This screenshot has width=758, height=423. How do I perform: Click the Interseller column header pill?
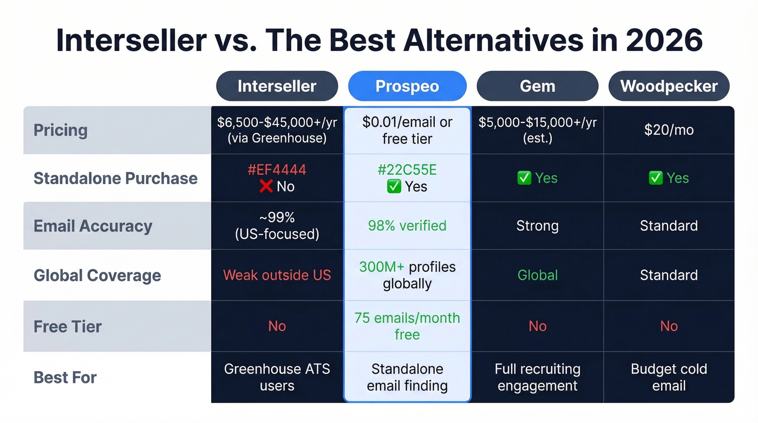pos(277,86)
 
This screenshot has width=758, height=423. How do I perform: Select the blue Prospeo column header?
pos(407,86)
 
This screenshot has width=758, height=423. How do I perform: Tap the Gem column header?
pos(537,86)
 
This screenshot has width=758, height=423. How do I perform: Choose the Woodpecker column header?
pos(669,86)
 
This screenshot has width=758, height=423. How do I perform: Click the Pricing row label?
pos(61,130)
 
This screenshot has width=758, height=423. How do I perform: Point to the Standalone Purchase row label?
pos(115,178)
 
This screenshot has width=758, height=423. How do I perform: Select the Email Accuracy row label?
pos(93,226)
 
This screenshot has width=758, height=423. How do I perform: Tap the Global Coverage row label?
pos(97,275)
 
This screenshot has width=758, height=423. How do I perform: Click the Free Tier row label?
pos(68,326)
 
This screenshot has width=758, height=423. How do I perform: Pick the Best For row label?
pos(65,377)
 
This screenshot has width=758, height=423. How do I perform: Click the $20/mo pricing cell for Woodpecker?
pos(669,130)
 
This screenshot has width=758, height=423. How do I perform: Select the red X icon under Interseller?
pos(266,187)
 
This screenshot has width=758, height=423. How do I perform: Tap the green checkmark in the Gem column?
pos(524,178)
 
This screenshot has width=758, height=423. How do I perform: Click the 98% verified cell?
pos(407,226)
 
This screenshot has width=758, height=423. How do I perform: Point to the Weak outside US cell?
pos(277,275)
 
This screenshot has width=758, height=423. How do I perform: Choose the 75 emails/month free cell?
pos(407,326)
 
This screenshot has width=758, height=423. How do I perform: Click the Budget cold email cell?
pos(669,377)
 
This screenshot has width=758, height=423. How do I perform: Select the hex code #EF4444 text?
pos(277,170)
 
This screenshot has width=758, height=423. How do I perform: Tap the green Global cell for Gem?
pos(537,275)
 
